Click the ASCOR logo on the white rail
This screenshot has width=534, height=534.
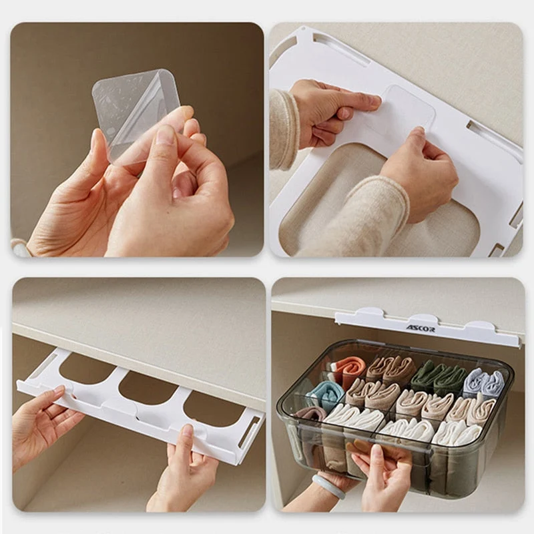point(420,329)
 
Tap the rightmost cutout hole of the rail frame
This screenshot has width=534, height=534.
point(214,409)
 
